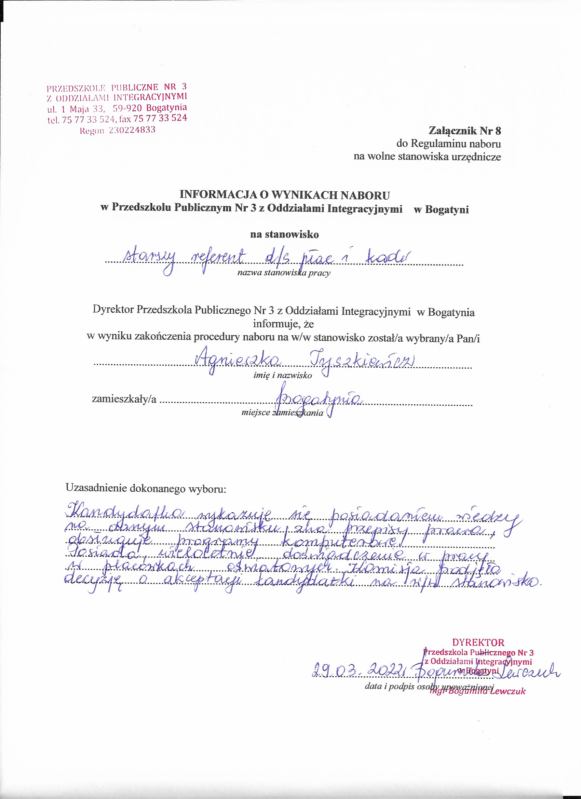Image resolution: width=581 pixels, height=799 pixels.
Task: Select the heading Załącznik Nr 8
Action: coord(464,131)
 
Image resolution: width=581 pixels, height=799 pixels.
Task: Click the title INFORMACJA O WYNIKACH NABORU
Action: coord(285,195)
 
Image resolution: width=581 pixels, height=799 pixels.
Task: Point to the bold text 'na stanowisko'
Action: coord(284,234)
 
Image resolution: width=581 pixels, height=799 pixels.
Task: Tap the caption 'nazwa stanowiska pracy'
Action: coord(284,273)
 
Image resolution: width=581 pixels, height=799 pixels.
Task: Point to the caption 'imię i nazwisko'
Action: coord(283,375)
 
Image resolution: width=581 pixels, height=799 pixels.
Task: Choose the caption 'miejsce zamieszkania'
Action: coord(282,413)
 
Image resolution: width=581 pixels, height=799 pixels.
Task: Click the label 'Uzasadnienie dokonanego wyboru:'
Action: coord(146,488)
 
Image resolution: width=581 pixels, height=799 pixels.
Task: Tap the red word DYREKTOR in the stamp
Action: coord(478,642)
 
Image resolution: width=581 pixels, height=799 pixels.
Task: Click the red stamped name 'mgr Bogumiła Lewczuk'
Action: coord(477,691)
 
